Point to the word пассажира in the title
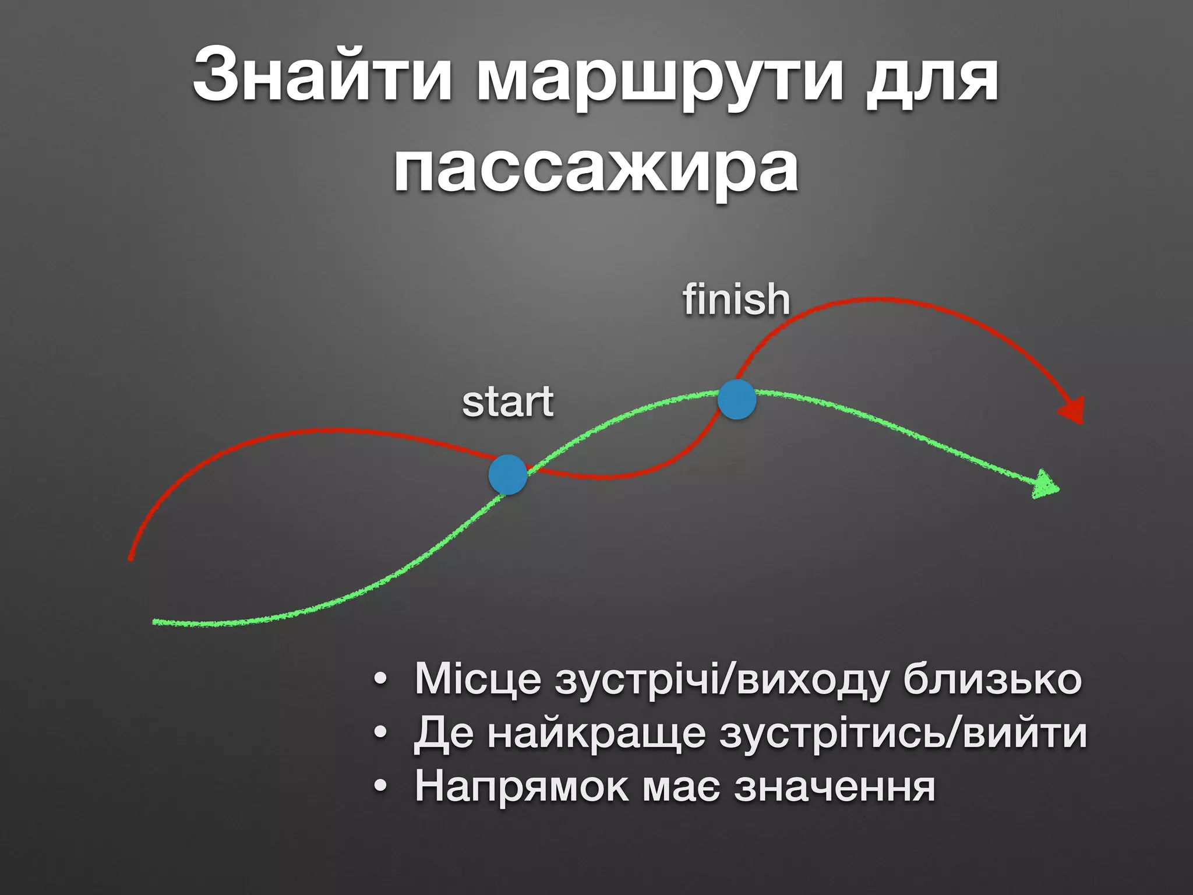pyautogui.click(x=596, y=169)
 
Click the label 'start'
pyautogui.click(x=507, y=402)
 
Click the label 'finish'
pyautogui.click(x=736, y=299)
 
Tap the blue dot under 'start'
pyautogui.click(x=508, y=475)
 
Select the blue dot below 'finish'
pyautogui.click(x=737, y=399)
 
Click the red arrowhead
pyautogui.click(x=1074, y=410)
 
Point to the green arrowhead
pyautogui.click(x=1046, y=485)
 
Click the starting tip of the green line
pyautogui.click(x=155, y=622)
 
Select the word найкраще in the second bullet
pyautogui.click(x=596, y=734)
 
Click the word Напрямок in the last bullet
pyautogui.click(x=522, y=787)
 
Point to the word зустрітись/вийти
pyautogui.click(x=903, y=734)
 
